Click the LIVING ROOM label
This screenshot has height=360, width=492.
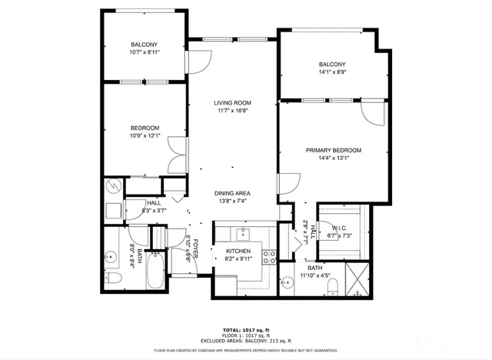[x=232, y=103]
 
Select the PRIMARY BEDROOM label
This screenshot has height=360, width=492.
[x=333, y=150]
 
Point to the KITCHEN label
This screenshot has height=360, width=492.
[x=238, y=252]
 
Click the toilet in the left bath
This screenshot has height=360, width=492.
[x=111, y=277]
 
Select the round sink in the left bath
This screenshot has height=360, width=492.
[x=111, y=254]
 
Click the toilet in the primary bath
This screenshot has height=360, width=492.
[x=332, y=287]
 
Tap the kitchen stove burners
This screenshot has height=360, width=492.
[x=270, y=257]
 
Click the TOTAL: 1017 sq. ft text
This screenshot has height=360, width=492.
[x=246, y=328]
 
